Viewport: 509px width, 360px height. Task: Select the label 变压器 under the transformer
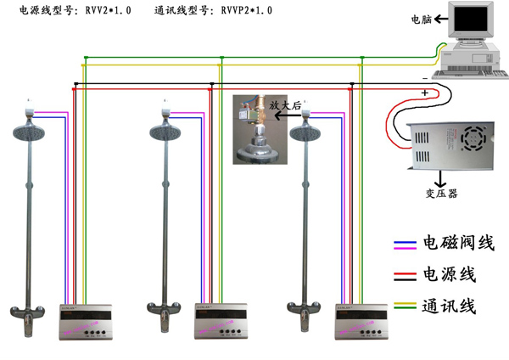point(441,193)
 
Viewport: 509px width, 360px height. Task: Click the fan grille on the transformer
point(474,136)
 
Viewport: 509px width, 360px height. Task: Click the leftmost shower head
point(31,132)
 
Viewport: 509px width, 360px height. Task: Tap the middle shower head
point(167,132)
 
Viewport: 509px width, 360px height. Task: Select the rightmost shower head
point(306,133)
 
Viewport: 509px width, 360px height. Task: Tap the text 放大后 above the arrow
point(286,104)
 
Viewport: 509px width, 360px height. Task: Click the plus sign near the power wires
point(425,92)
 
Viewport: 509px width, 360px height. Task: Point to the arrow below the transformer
point(441,177)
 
